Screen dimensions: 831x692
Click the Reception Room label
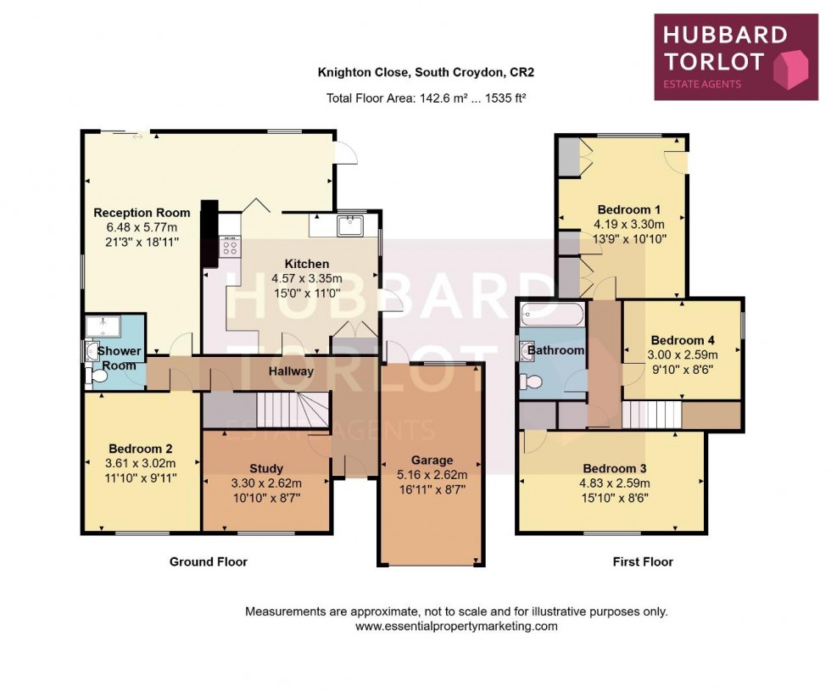click(x=142, y=213)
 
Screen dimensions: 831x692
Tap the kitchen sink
click(x=350, y=226)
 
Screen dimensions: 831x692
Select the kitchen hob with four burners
click(x=230, y=248)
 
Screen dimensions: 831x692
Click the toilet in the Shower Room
click(x=97, y=376)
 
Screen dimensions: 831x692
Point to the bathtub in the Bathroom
click(x=552, y=314)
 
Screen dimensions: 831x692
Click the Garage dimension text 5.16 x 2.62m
click(x=432, y=475)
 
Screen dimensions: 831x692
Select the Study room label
click(x=266, y=468)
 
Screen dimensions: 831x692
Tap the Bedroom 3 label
click(x=615, y=468)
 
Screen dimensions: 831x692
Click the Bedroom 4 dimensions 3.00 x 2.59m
click(x=683, y=354)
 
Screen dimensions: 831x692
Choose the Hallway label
click(x=291, y=371)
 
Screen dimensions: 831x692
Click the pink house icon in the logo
click(x=789, y=69)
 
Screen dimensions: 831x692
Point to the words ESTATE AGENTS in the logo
click(x=702, y=84)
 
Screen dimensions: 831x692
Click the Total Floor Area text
click(x=426, y=98)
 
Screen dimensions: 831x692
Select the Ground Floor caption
click(x=209, y=561)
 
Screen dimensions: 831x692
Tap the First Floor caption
click(x=643, y=561)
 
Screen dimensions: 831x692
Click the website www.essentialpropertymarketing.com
click(x=456, y=627)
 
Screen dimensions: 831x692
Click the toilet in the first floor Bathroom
click(x=531, y=382)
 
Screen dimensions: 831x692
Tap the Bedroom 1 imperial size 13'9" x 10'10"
click(x=629, y=238)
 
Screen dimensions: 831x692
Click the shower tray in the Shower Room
click(x=103, y=326)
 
